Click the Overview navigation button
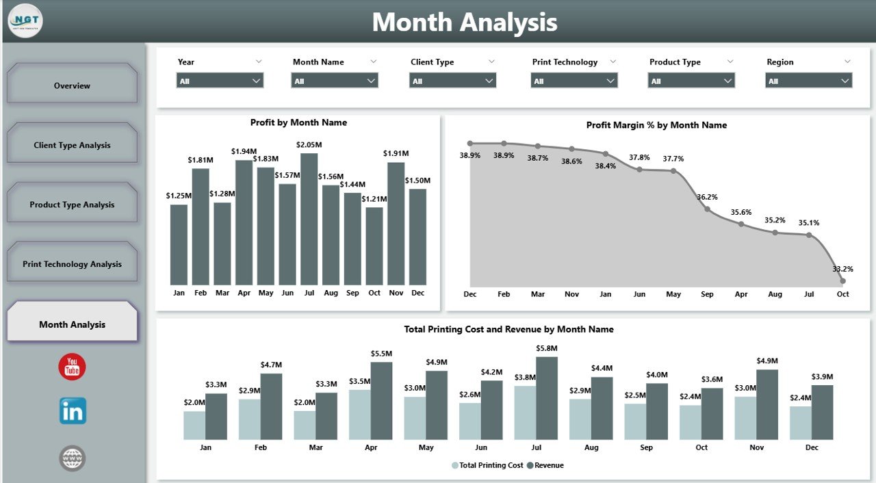tap(72, 86)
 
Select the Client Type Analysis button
tap(72, 145)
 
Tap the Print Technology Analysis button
tap(72, 264)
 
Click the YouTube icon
tap(72, 367)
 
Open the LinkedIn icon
tap(73, 411)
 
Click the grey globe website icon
tap(72, 458)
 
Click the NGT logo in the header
tap(25, 21)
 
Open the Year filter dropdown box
tap(220, 81)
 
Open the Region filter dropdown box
tap(808, 81)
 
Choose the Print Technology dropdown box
tap(574, 81)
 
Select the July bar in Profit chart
tap(309, 219)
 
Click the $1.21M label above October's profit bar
tap(374, 198)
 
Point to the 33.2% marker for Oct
tap(842, 280)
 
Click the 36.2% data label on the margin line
tap(707, 197)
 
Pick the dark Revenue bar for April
tap(381, 401)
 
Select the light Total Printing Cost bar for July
tap(525, 413)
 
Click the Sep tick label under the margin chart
tap(707, 294)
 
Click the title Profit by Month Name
tap(298, 122)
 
